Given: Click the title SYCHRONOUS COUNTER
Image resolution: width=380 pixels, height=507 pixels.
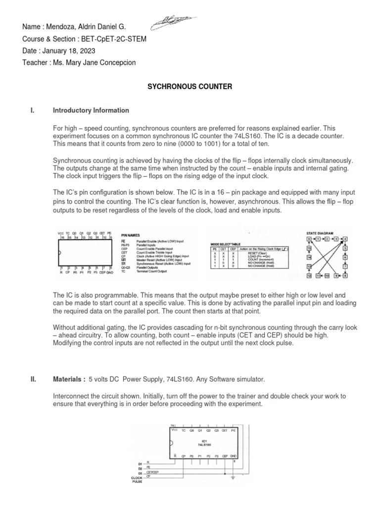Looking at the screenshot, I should click(190, 87).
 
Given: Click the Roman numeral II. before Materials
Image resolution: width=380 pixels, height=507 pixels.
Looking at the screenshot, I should click(34, 379).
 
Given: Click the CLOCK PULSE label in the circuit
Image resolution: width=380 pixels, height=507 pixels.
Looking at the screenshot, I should click(137, 480).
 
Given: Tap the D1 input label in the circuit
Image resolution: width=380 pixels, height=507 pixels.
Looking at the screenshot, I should click(140, 464).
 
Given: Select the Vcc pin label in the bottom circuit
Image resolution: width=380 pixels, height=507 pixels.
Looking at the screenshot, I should click(174, 430).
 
